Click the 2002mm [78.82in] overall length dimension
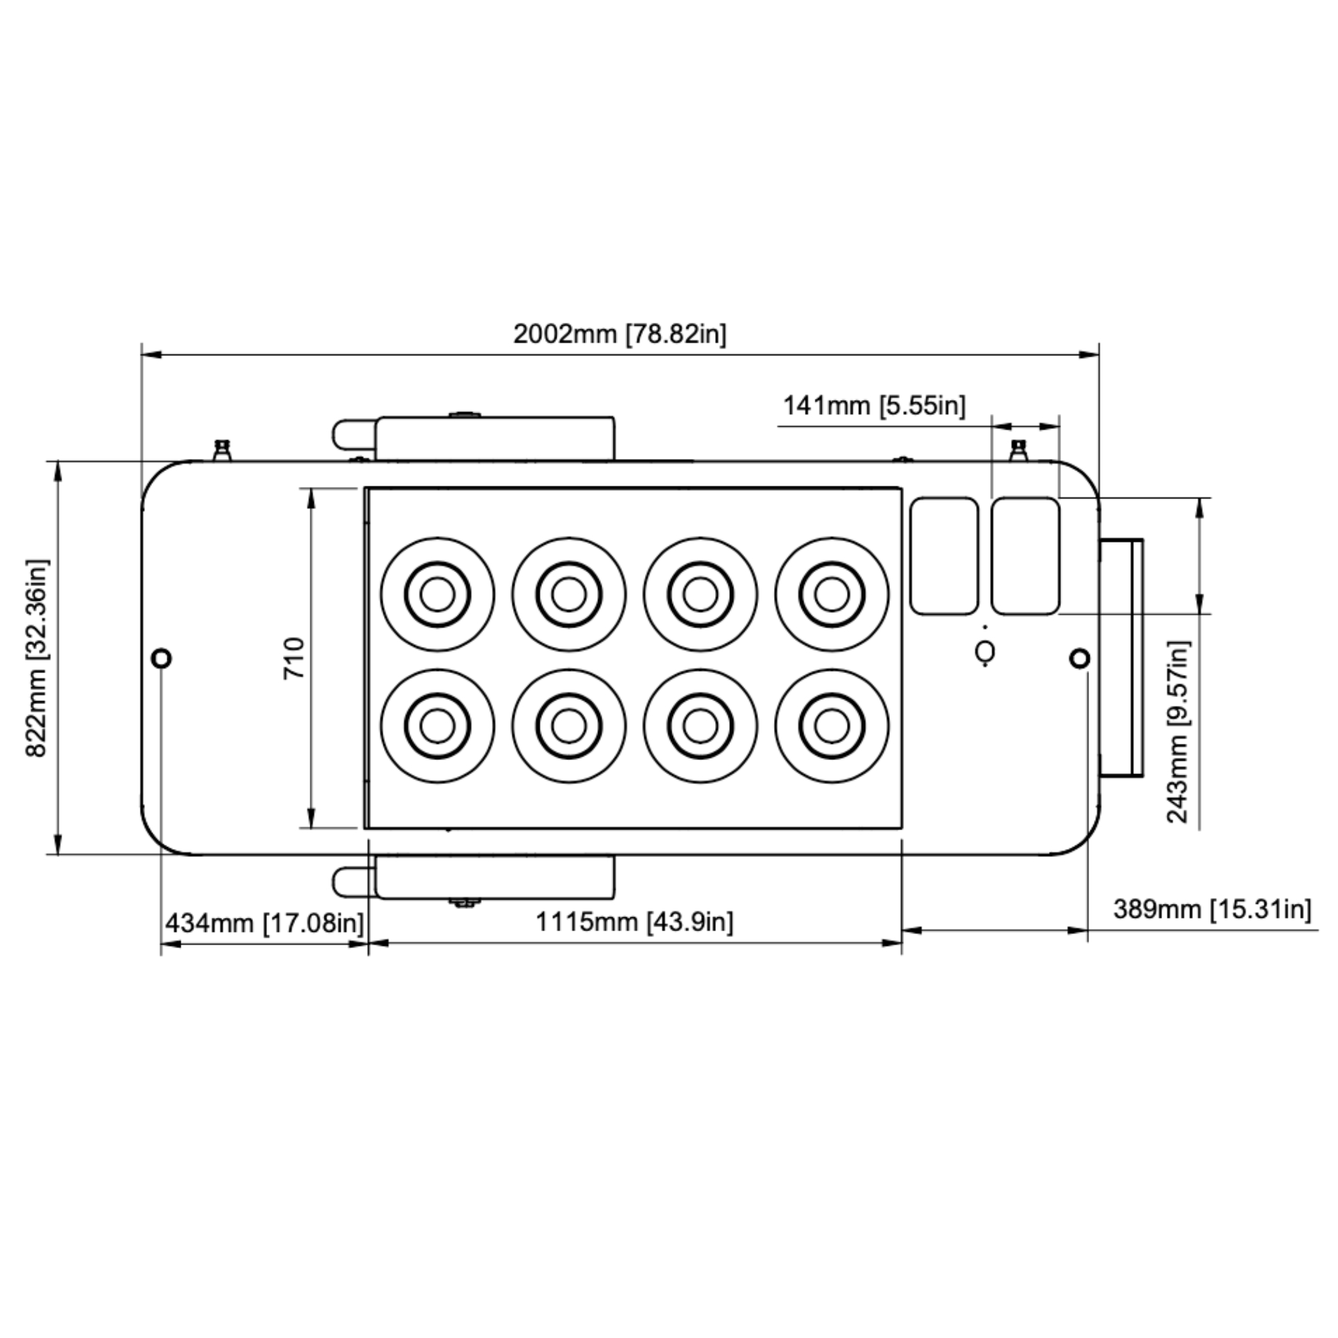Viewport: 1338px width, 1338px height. pos(620,334)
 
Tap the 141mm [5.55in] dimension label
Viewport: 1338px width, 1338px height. pos(874,405)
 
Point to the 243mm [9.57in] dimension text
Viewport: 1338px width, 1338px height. pos(1178,732)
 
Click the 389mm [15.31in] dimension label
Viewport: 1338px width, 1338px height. pos(1213,909)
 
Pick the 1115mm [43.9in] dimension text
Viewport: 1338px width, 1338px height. pos(634,922)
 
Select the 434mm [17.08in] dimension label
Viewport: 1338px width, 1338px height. pos(264,923)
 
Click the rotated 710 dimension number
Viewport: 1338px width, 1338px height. pos(294,658)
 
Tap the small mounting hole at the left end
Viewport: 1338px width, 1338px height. pos(161,657)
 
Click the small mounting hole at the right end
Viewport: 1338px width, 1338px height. pos(1080,658)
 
